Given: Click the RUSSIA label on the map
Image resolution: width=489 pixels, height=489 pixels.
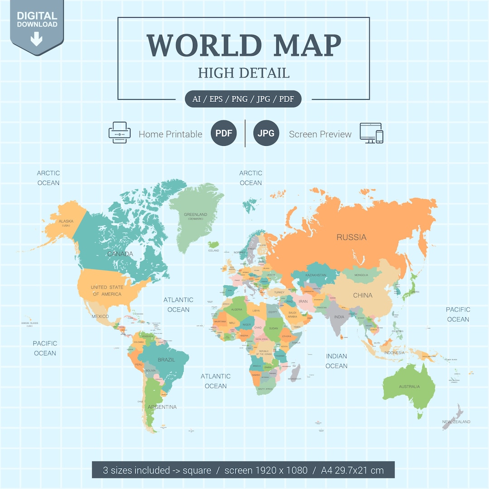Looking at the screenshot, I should click(x=351, y=237).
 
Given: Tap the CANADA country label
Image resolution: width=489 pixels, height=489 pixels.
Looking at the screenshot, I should click(x=120, y=254).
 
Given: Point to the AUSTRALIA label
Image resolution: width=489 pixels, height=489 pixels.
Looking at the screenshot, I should click(x=409, y=387).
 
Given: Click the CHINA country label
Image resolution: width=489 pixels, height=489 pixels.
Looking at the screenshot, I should click(x=363, y=295).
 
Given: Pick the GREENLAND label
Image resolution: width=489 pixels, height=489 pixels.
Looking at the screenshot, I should click(x=196, y=215).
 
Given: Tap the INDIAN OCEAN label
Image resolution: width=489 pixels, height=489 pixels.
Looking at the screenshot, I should click(x=336, y=361).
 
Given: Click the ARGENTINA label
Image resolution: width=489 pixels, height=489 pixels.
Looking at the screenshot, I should click(x=162, y=407).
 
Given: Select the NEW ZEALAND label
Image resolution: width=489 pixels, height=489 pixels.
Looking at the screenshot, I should click(x=456, y=422).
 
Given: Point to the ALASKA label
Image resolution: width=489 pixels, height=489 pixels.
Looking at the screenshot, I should click(x=66, y=221).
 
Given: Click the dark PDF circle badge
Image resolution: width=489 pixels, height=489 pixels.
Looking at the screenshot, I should click(x=224, y=133).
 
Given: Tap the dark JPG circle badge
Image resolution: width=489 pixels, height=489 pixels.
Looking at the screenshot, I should click(x=266, y=133).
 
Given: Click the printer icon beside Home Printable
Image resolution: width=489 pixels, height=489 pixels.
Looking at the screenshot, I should click(x=120, y=133).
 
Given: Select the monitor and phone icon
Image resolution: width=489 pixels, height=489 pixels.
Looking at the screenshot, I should click(x=371, y=133).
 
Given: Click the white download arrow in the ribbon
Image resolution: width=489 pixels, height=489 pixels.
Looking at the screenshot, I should click(x=36, y=40).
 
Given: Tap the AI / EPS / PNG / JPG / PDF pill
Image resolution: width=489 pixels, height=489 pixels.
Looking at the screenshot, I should click(x=243, y=99).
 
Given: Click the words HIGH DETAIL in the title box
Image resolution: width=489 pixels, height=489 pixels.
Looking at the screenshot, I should click(x=244, y=73).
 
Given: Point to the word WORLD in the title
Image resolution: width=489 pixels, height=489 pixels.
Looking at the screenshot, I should click(x=204, y=45).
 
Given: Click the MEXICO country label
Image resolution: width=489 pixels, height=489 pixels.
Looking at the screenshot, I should click(x=100, y=316).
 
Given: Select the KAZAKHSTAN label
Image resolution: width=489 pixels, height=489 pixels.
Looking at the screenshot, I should click(x=316, y=275).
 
